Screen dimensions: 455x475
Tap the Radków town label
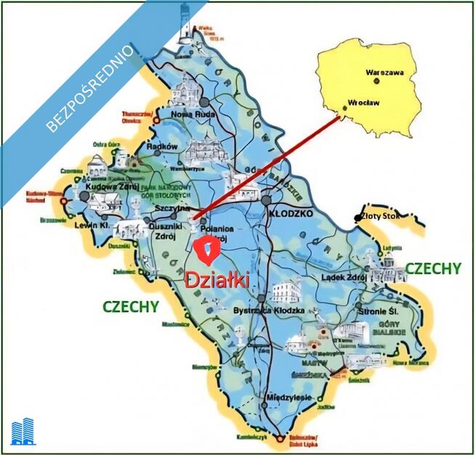point(163,146)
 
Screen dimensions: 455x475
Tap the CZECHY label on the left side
point(131,306)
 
